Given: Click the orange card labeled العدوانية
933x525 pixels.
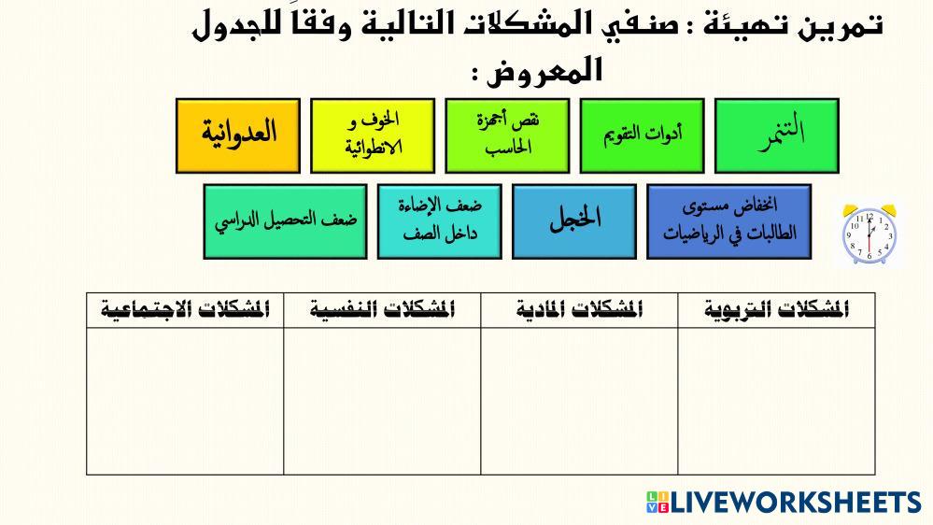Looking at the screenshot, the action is (x=238, y=135).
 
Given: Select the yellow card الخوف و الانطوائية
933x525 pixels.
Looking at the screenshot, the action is (x=373, y=135).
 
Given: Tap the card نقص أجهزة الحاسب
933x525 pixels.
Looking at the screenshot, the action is (x=507, y=135).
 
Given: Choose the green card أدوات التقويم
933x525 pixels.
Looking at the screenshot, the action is (x=642, y=135).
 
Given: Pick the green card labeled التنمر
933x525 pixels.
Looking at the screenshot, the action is (x=776, y=135).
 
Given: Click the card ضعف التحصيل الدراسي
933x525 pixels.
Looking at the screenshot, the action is (x=285, y=221).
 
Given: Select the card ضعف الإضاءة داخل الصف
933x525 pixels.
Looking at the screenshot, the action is (x=439, y=221).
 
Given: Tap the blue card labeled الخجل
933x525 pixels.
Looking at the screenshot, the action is (x=574, y=221).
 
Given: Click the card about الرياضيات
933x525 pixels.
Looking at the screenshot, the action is (x=728, y=221).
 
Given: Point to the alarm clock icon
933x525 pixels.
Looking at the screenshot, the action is (x=869, y=234).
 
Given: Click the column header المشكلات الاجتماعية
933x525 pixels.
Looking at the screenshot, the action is (x=185, y=310).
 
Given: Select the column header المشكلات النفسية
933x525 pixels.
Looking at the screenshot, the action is (x=382, y=310).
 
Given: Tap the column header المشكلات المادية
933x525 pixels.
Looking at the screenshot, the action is (x=579, y=310).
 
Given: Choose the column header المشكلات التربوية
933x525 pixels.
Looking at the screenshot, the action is (x=776, y=310).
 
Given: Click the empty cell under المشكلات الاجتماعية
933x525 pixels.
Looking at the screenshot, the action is (x=185, y=401).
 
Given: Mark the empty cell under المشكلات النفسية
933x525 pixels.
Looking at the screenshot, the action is (x=382, y=401).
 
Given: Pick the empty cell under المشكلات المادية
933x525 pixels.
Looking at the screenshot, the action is (x=579, y=401).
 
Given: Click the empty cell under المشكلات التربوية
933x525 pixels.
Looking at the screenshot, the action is (x=776, y=401).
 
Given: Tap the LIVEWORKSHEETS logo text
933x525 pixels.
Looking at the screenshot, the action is (x=796, y=503).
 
